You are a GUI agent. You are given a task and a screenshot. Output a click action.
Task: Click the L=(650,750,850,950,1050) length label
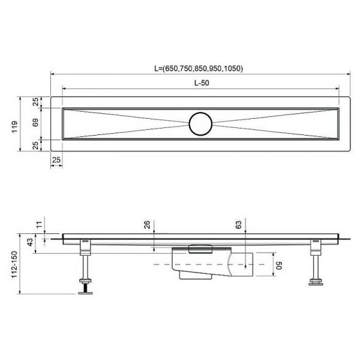198,68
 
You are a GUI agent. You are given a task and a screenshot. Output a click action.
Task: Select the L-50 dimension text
202,83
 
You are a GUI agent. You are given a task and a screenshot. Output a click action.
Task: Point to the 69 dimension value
36,123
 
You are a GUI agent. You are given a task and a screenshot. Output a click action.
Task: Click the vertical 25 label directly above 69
36,102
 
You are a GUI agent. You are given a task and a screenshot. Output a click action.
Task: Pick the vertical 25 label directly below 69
36,144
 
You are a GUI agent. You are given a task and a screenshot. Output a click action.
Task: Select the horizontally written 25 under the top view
56,160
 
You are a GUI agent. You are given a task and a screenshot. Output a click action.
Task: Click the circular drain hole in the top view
200,124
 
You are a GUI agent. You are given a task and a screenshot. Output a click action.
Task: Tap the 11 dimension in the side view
40,225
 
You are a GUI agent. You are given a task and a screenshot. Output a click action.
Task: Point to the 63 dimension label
238,225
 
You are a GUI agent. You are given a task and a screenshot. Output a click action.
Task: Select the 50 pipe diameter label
277,265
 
